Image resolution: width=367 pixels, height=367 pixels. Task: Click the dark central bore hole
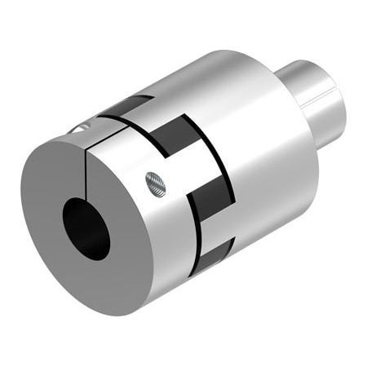pos(86,228)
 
